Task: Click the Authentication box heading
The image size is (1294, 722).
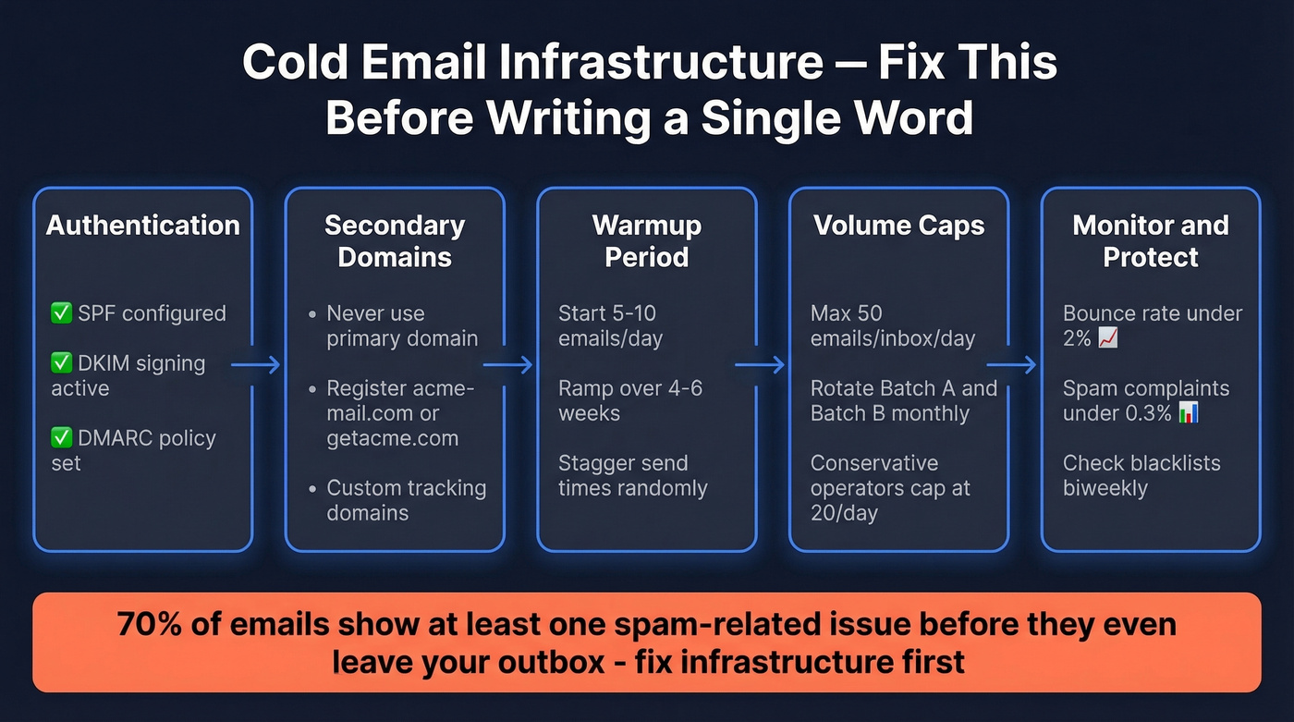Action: (x=142, y=226)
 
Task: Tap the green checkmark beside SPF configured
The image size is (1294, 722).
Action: (x=61, y=313)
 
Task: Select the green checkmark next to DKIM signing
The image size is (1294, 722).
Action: (x=61, y=363)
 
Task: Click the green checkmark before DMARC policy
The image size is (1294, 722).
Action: (x=61, y=438)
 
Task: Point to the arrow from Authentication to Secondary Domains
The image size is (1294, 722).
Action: (x=256, y=366)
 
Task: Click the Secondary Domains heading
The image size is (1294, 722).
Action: (x=395, y=241)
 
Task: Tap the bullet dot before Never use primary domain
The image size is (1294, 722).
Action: (x=312, y=314)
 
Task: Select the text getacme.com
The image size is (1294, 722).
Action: (x=392, y=438)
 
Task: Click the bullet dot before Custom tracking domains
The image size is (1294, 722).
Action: (x=312, y=488)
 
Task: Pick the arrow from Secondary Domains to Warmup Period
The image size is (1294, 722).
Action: (x=508, y=366)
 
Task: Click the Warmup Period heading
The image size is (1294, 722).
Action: (x=646, y=241)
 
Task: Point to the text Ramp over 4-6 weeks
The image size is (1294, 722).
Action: (x=629, y=400)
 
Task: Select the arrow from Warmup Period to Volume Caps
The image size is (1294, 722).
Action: (x=760, y=366)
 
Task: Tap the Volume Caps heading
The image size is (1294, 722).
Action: (x=898, y=226)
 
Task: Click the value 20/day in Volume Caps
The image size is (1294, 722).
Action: (x=844, y=513)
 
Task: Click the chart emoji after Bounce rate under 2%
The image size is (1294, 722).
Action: (x=1107, y=338)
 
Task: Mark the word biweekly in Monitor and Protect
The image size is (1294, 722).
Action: (x=1105, y=488)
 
